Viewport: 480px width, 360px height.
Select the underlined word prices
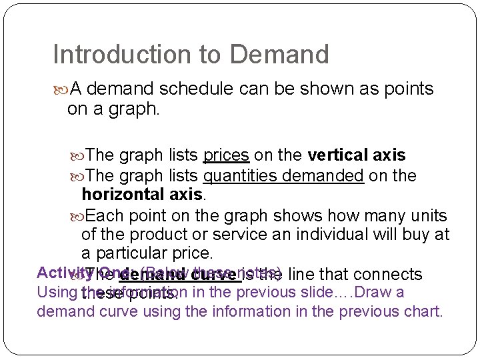tap(226, 155)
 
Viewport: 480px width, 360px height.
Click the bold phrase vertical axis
tap(357, 155)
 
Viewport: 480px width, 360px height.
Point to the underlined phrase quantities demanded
tap(283, 176)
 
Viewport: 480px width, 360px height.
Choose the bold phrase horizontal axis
tap(142, 195)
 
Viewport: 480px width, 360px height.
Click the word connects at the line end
tap(389, 274)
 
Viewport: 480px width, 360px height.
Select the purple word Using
tap(57, 293)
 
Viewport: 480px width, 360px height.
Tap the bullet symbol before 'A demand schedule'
tap(62, 89)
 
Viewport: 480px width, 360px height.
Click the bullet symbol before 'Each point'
tap(79, 217)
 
